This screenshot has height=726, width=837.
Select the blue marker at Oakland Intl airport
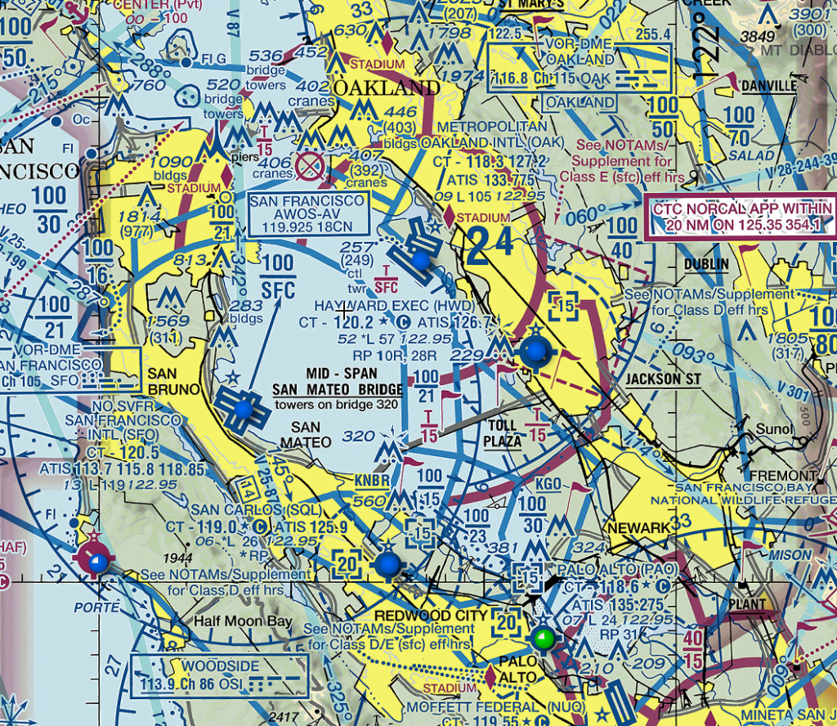[420, 260]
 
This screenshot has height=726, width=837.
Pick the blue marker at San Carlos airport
[387, 563]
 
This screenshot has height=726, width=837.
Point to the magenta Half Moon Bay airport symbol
[97, 561]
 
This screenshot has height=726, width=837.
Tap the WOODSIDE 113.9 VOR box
[219, 674]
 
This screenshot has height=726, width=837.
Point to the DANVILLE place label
[768, 86]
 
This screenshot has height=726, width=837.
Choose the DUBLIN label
[707, 264]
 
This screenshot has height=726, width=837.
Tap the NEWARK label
[638, 529]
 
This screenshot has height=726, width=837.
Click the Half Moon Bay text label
[243, 621]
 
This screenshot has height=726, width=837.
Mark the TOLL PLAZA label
[502, 432]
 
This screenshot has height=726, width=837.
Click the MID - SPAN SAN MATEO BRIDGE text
[337, 381]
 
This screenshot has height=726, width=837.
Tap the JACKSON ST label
[663, 379]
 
